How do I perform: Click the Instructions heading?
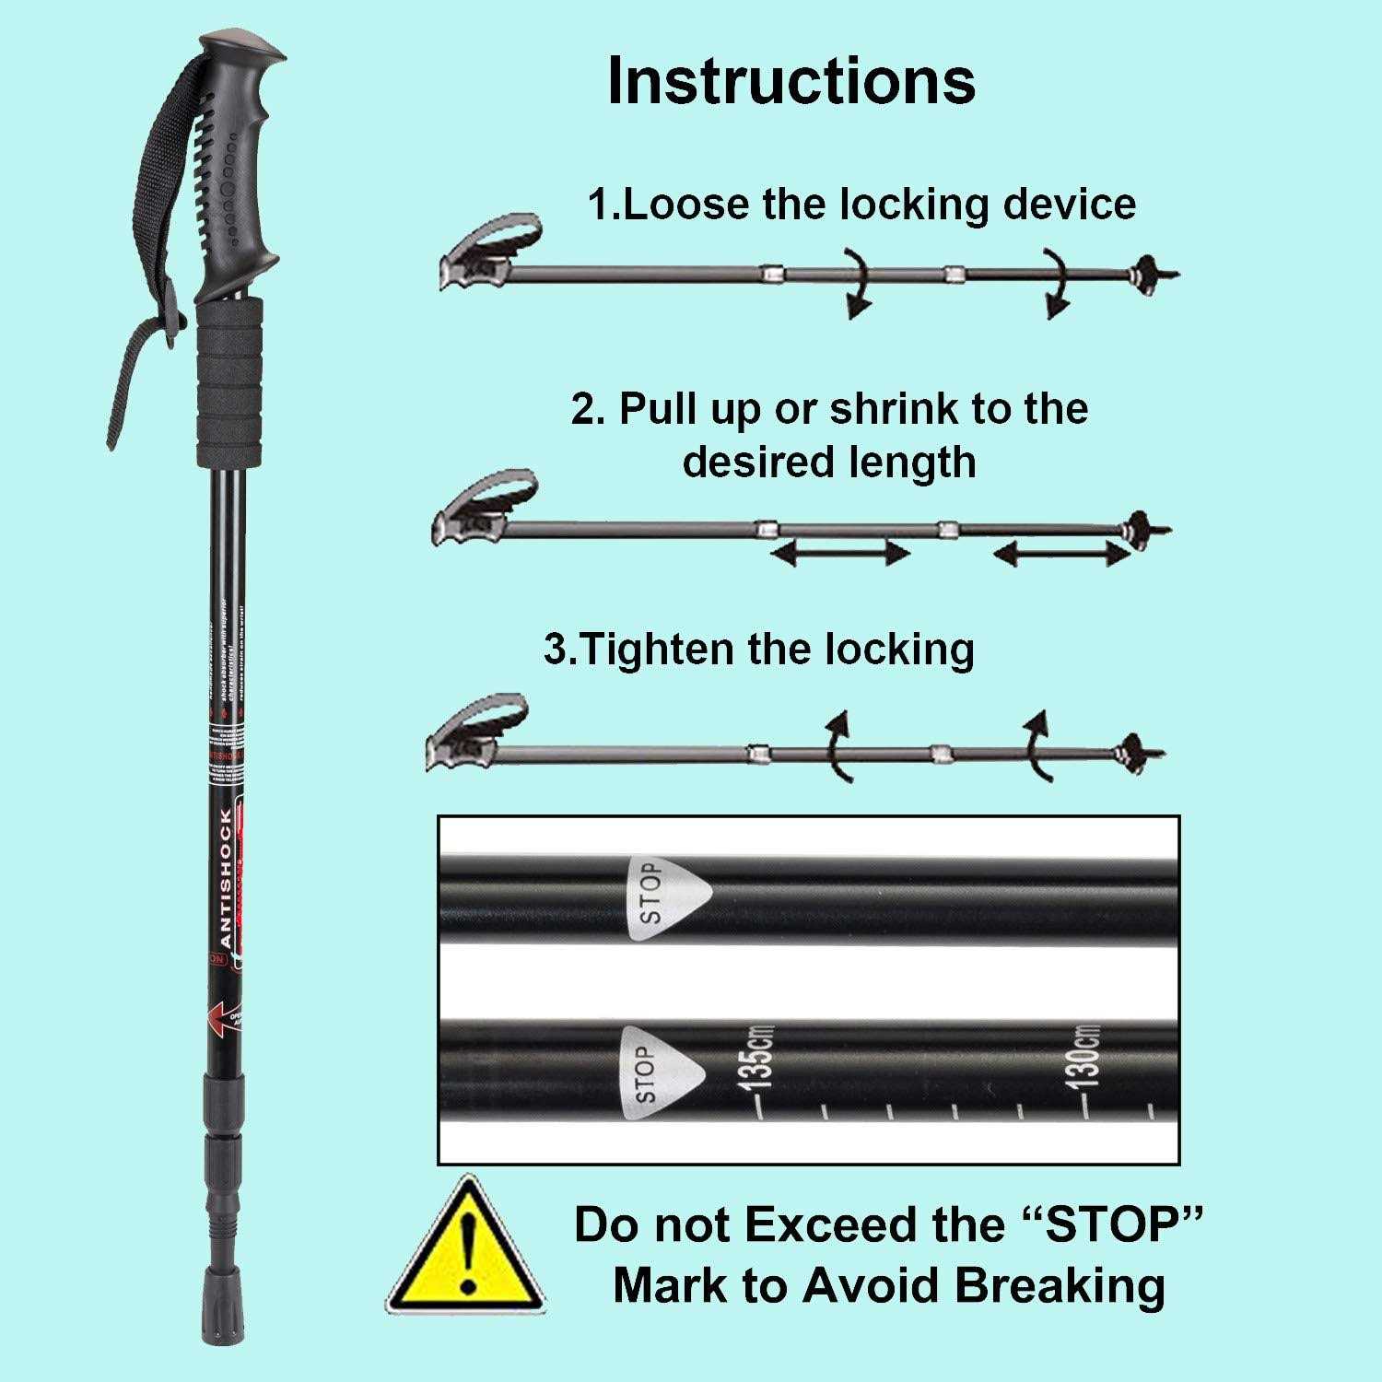pos(791,81)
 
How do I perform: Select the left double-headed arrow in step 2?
pos(840,554)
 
